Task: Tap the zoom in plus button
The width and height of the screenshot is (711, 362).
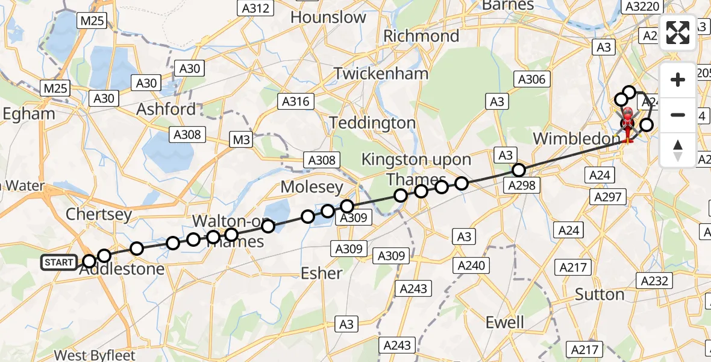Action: coord(678,80)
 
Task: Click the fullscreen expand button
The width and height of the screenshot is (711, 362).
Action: coord(678,33)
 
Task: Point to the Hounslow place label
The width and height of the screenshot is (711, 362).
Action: coord(328,17)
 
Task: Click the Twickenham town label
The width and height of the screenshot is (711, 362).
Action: coord(381,74)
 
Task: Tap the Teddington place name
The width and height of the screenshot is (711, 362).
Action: coord(373,123)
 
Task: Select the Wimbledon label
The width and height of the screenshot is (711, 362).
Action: coord(572,139)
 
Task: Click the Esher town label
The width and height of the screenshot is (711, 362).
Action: coord(322,273)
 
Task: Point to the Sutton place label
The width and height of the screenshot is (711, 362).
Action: coord(599,294)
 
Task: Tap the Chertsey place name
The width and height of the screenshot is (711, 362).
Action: coord(98,214)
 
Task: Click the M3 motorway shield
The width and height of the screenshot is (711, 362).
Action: coord(242,141)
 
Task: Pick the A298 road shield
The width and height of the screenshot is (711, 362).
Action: coord(522,185)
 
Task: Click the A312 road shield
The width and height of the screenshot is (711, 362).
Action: coord(254,8)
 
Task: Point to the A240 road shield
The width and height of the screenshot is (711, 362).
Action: coord(472,265)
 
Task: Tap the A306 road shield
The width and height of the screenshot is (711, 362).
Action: coord(531,79)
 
